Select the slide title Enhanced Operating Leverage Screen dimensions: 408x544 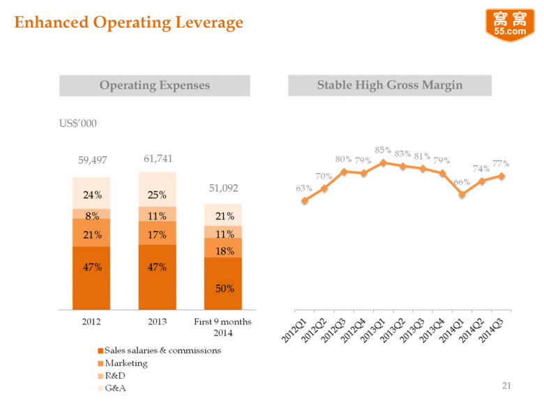[x=129, y=22]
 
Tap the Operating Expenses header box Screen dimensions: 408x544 [x=155, y=85]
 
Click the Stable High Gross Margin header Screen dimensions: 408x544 [x=389, y=85]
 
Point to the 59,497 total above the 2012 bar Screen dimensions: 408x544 [x=91, y=160]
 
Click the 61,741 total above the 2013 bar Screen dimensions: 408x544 [x=158, y=158]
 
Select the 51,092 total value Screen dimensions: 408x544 [x=223, y=188]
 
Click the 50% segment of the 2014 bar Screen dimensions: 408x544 [x=223, y=287]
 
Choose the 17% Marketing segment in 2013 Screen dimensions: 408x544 [x=158, y=234]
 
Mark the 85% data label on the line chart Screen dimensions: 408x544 [x=383, y=149]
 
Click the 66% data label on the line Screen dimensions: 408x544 [x=461, y=183]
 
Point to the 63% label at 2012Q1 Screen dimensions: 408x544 [x=303, y=188]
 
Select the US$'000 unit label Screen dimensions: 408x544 [x=77, y=123]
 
